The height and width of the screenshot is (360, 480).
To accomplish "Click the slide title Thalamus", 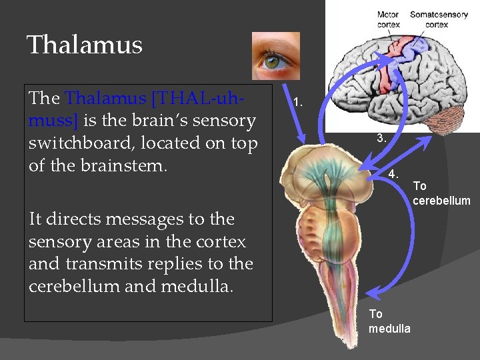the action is (85, 45).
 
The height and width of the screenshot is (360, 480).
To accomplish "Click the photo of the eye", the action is (275, 55).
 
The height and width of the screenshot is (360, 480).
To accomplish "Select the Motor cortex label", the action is (388, 19).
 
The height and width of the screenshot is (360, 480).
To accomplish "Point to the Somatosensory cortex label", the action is (438, 19).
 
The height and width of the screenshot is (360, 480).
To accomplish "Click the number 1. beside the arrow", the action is (299, 103).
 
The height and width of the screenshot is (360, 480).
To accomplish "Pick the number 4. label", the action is (393, 174).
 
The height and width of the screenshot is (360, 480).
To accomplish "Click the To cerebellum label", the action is (441, 193).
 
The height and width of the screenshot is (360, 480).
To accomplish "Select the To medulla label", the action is (389, 321).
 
